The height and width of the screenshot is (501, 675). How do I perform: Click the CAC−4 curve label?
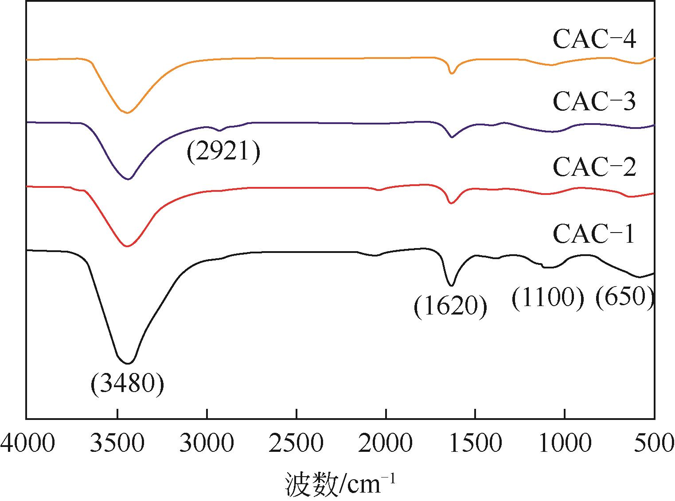point(594,39)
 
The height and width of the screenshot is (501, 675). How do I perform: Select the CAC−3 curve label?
point(594,101)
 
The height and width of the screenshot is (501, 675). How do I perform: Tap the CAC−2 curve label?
point(594,167)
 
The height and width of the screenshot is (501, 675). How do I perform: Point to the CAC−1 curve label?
point(594,233)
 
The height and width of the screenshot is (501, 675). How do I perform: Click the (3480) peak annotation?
point(127,384)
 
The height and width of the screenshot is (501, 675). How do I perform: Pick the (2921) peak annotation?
point(223,153)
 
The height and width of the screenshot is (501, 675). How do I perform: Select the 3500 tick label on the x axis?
point(117,443)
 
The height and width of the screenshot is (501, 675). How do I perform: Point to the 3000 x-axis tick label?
point(207,443)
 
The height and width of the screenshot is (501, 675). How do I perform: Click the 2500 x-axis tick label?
point(297,443)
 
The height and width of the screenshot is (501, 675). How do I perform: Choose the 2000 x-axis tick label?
point(386,443)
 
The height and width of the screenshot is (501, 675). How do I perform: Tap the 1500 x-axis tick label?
point(476,443)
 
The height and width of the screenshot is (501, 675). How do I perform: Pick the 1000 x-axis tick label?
point(565,443)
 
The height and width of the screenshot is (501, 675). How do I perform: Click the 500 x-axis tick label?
point(654,443)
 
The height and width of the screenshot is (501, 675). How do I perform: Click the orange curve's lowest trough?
point(127,113)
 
